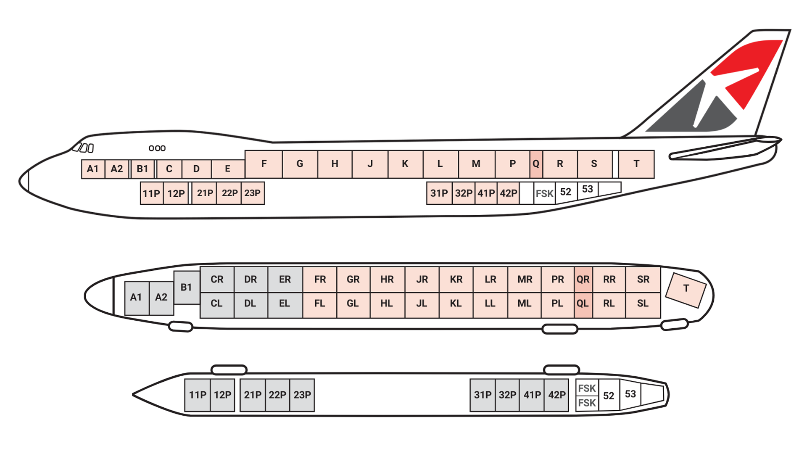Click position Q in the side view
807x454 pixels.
pyautogui.click(x=536, y=164)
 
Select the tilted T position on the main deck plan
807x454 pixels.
pyautogui.click(x=686, y=290)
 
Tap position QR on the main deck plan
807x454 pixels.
pyautogui.click(x=583, y=280)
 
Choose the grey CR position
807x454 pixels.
pyautogui.click(x=217, y=280)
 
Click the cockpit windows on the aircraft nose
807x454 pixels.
pyautogui.click(x=83, y=148)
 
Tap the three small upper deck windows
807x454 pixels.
pyautogui.click(x=157, y=148)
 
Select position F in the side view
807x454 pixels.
pyautogui.click(x=264, y=164)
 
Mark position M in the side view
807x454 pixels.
pyautogui.click(x=476, y=164)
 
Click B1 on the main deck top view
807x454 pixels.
pyautogui.click(x=186, y=288)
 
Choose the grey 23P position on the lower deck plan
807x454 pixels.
pyautogui.click(x=302, y=395)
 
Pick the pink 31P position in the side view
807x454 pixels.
pyautogui.click(x=439, y=193)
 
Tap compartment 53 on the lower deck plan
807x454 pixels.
pyautogui.click(x=630, y=394)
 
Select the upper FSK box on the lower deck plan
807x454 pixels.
pyautogui.click(x=587, y=388)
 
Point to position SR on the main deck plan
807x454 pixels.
pyautogui.click(x=643, y=280)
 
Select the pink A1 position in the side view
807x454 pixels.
pyautogui.click(x=93, y=169)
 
